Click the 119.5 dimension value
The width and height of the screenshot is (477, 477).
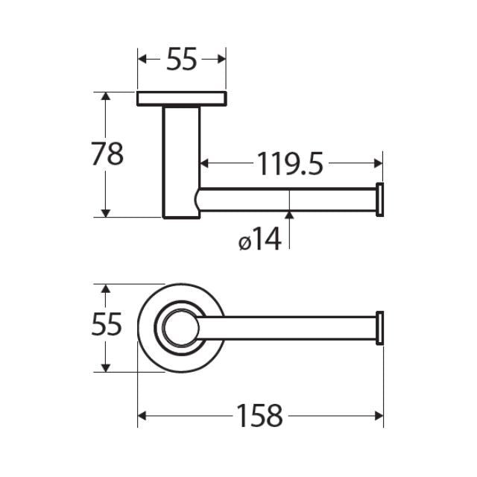click(290, 163)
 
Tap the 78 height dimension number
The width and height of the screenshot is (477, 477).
click(106, 154)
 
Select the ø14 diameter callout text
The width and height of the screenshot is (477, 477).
click(260, 240)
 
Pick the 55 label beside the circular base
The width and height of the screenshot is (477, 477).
click(106, 326)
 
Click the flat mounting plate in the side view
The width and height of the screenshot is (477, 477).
click(181, 98)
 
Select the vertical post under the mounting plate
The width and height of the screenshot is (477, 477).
click(181, 161)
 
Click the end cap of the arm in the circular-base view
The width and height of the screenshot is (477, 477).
click(379, 327)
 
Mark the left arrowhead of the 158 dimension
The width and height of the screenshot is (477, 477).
click(143, 416)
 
